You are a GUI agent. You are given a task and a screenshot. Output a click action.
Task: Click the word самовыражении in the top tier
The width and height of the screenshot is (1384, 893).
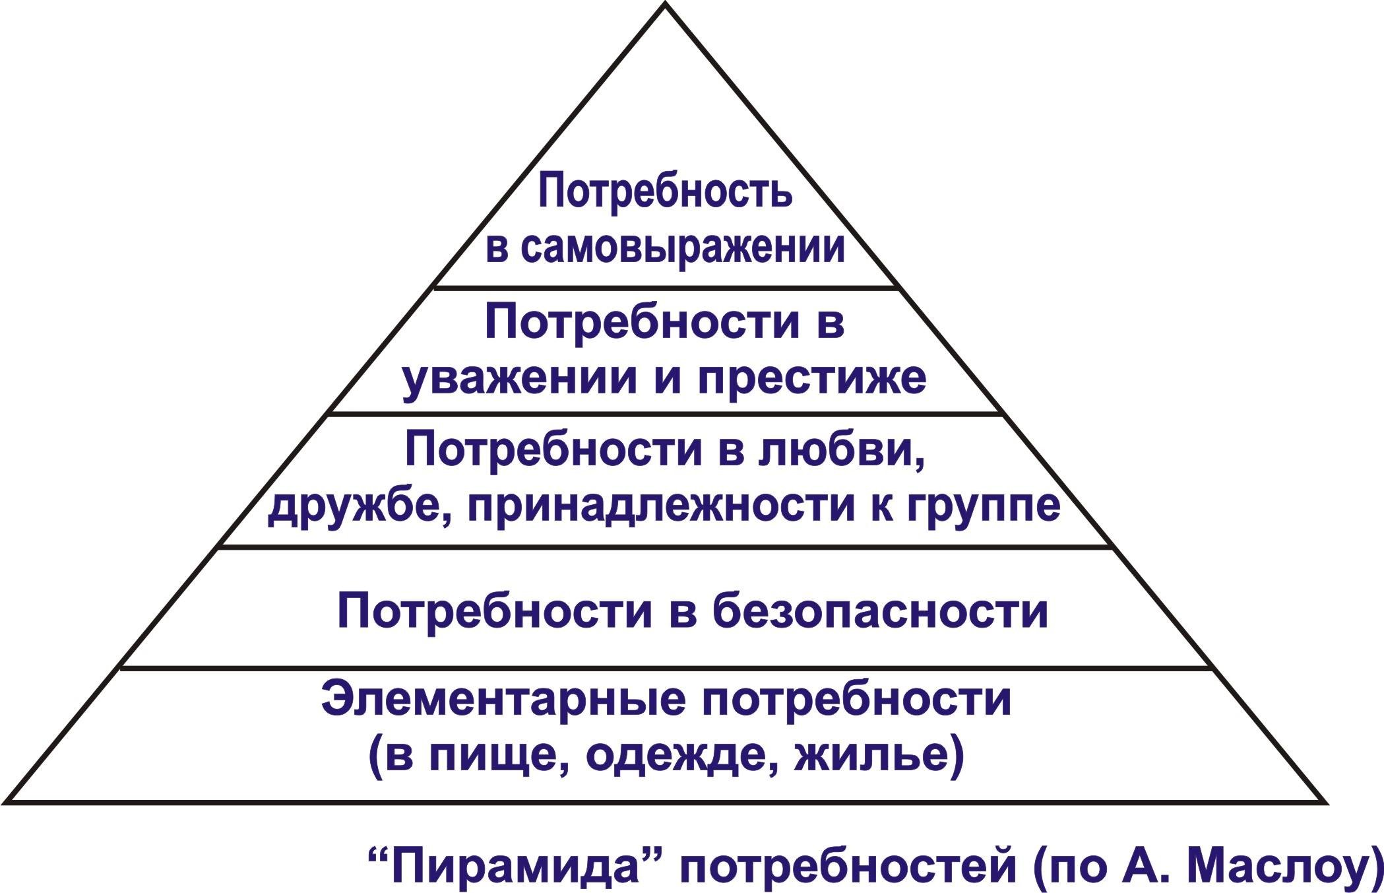[x=684, y=249]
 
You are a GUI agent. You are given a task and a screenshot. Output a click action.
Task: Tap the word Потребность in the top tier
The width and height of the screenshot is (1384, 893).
[x=666, y=189]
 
